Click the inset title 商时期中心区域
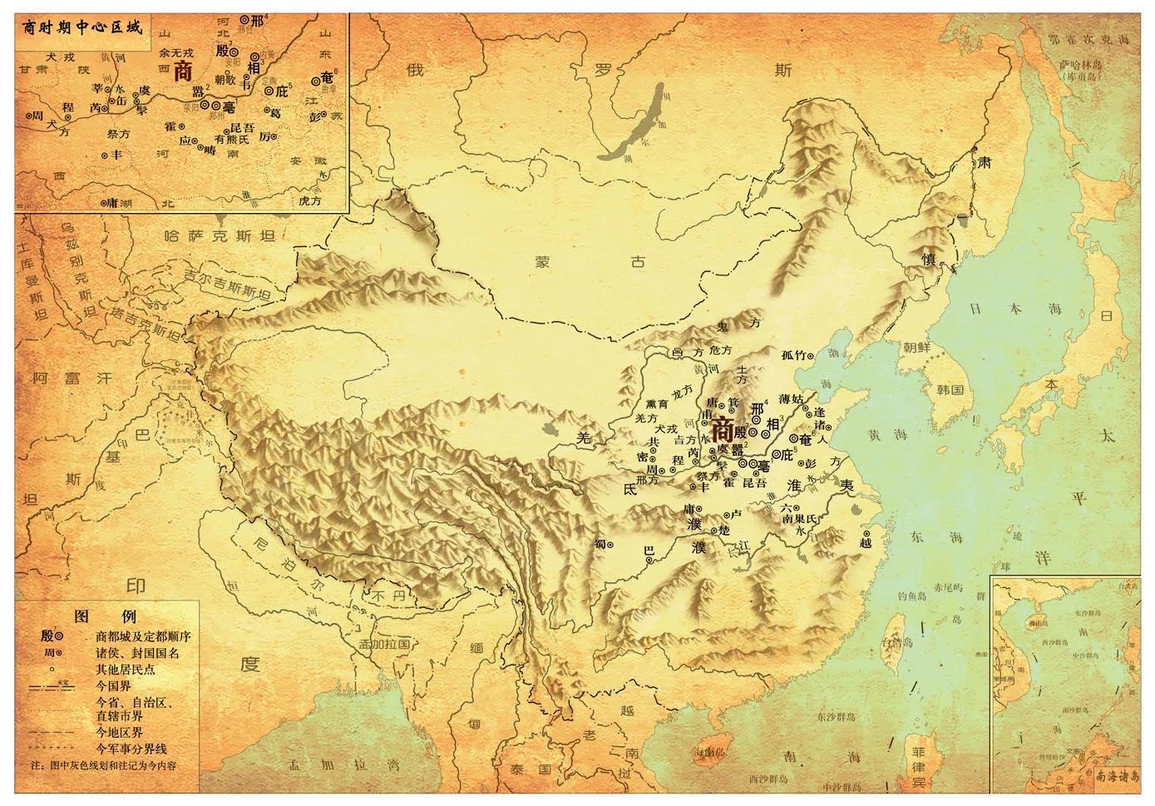pyautogui.click(x=79, y=25)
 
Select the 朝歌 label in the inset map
pyautogui.click(x=225, y=80)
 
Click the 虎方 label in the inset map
pyautogui.click(x=308, y=200)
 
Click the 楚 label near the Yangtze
pyautogui.click(x=723, y=530)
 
